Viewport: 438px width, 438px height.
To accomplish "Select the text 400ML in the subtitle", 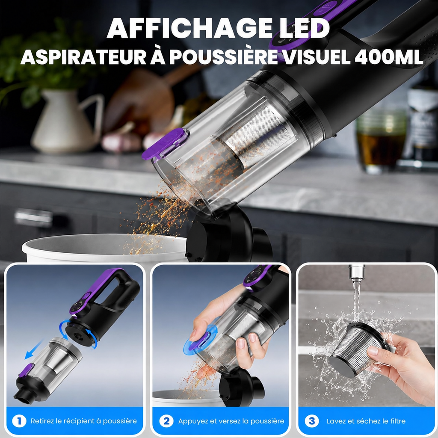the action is point(389,57).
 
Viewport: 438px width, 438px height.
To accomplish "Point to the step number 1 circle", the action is point(19,421).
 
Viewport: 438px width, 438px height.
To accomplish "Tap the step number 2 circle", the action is point(166,421).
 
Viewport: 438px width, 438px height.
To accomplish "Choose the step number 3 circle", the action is point(312,421).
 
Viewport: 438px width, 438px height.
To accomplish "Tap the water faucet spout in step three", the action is point(357,273).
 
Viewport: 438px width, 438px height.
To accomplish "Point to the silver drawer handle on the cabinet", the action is point(33,218).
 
